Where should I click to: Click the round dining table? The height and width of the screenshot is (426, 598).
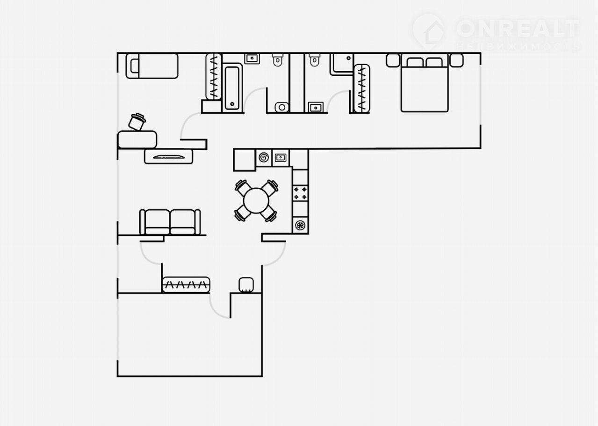click(x=256, y=200)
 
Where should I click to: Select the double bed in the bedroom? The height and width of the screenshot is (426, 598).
click(x=425, y=83)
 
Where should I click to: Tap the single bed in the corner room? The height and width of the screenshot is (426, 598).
click(x=152, y=66)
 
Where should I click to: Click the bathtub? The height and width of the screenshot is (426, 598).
click(x=232, y=87)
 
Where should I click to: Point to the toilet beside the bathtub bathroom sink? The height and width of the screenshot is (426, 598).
click(x=278, y=60)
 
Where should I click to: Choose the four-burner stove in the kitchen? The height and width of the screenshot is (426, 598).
click(x=300, y=193)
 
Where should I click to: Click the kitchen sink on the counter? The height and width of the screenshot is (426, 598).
click(x=281, y=157)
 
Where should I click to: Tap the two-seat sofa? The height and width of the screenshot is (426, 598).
click(x=170, y=222)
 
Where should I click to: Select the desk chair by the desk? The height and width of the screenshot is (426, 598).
click(x=137, y=122)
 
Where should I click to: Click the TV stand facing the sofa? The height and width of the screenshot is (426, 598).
click(x=168, y=157)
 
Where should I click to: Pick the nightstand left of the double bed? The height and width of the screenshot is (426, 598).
click(x=393, y=61)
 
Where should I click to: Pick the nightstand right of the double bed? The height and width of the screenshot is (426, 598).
click(x=456, y=61)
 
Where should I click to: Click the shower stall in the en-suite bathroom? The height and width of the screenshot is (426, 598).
click(x=342, y=64)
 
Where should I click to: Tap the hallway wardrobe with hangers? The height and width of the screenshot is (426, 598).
click(x=186, y=285)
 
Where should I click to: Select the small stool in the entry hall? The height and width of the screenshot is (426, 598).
click(x=246, y=285)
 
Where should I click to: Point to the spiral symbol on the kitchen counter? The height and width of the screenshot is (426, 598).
click(x=264, y=157)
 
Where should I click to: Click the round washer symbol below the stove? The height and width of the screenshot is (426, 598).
click(x=300, y=225)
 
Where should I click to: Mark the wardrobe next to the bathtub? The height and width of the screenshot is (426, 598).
click(x=214, y=77)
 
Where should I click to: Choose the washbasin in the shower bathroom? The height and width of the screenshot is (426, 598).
click(x=316, y=107)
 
